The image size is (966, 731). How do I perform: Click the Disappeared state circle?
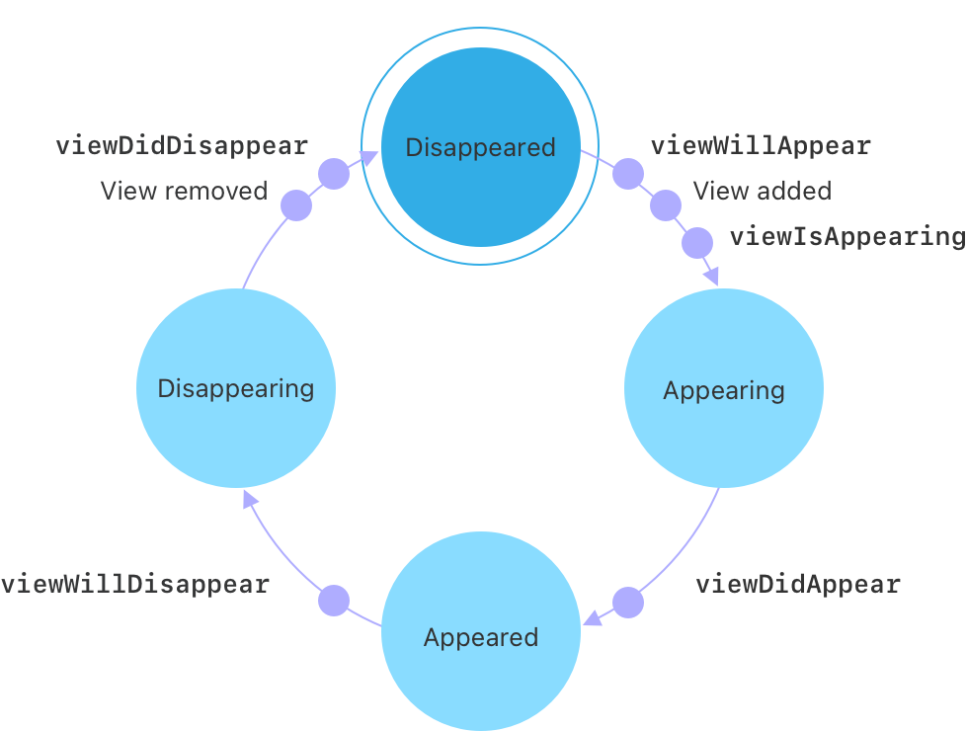(480, 147)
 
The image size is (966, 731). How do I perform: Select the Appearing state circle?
(724, 389)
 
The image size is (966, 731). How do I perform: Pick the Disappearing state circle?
(236, 388)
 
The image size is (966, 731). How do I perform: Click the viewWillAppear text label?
(761, 146)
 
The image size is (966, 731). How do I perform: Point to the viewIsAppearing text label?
(846, 237)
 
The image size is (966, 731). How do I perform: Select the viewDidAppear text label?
(798, 584)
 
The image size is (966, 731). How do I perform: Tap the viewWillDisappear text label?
(135, 584)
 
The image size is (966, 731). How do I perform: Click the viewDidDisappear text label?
(182, 146)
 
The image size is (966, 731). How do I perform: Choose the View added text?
(762, 191)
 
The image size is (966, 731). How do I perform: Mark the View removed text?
(184, 191)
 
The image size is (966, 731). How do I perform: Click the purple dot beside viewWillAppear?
(627, 174)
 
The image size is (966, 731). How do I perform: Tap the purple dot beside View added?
(666, 205)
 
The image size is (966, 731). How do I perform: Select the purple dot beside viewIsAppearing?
(697, 242)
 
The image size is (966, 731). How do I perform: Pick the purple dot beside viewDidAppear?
(627, 603)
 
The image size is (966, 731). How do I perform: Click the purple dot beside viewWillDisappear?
(334, 601)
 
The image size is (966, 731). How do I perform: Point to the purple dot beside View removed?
(296, 205)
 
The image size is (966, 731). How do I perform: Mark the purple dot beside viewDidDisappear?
(333, 174)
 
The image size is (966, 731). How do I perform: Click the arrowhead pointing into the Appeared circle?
(592, 619)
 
